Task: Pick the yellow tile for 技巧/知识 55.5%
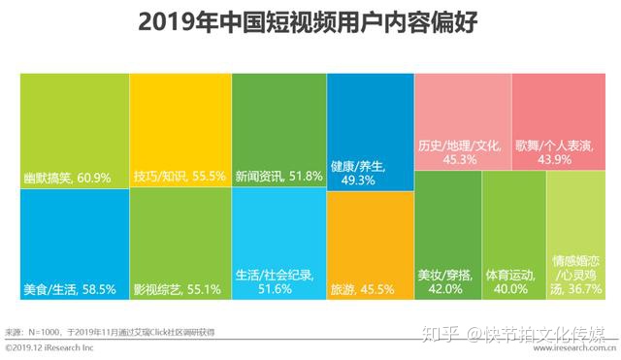tap(180, 126)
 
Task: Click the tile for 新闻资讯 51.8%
tap(278, 126)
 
